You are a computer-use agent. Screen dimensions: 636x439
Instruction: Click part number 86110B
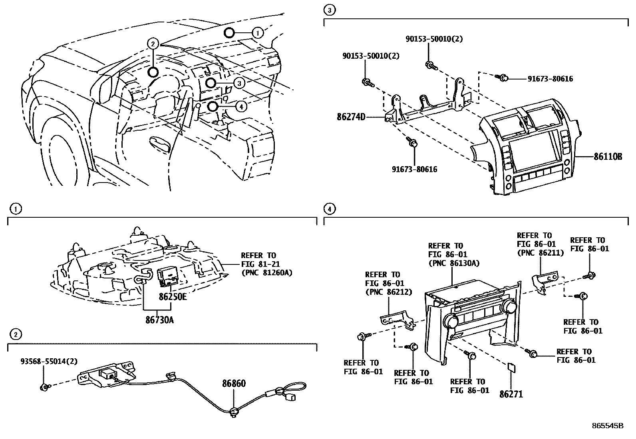point(608,157)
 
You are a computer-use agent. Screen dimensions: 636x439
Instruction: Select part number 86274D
point(351,117)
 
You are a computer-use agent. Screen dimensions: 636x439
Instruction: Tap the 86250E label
point(173,297)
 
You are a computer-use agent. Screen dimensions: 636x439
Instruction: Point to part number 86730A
point(159,320)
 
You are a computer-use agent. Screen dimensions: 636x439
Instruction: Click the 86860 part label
point(234,383)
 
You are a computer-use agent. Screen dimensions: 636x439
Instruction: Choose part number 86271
point(511,394)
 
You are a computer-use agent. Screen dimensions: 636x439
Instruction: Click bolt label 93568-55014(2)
point(49,362)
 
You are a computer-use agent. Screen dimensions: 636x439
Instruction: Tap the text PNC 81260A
point(268,273)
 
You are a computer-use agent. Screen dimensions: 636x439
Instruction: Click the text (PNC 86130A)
point(454,263)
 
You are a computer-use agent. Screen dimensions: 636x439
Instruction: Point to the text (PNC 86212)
point(388,292)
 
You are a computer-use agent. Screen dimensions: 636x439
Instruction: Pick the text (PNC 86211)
point(540,253)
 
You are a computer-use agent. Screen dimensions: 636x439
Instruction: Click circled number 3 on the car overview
point(239,83)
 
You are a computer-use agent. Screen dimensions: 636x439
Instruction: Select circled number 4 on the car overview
point(241,107)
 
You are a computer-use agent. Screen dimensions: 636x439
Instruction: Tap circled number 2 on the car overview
point(153,44)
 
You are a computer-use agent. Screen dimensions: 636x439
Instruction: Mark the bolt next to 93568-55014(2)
point(45,387)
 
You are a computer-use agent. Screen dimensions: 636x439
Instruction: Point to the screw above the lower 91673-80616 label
point(412,142)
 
